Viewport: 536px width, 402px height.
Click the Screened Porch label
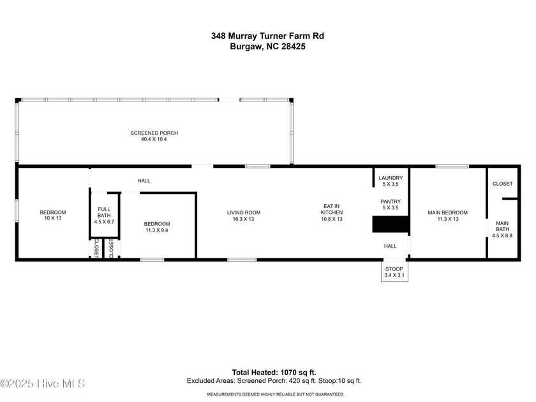(x=154, y=136)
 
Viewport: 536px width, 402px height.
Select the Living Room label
(x=244, y=216)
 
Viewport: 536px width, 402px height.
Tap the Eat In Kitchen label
(x=332, y=212)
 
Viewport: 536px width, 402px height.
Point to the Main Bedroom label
(x=447, y=216)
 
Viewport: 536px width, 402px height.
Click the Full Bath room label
(x=104, y=215)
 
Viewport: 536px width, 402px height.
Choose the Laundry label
(x=390, y=181)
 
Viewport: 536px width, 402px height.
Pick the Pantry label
(x=390, y=204)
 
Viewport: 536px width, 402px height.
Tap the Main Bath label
(x=502, y=230)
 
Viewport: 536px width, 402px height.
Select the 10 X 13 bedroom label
(x=52, y=216)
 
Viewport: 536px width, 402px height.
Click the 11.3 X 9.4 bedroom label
(x=156, y=227)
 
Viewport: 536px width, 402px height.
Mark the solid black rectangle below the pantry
(x=390, y=225)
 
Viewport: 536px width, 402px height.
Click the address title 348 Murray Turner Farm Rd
(x=267, y=36)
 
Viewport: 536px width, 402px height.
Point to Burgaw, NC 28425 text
(x=267, y=47)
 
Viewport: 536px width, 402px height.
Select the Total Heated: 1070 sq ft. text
(x=274, y=372)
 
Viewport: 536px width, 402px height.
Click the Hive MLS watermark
(x=43, y=383)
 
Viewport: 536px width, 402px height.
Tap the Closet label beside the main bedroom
(x=502, y=184)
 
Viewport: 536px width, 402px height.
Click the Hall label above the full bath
(x=144, y=181)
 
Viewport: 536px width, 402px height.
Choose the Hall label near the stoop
(x=390, y=246)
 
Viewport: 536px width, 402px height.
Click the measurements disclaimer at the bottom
(x=274, y=394)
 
